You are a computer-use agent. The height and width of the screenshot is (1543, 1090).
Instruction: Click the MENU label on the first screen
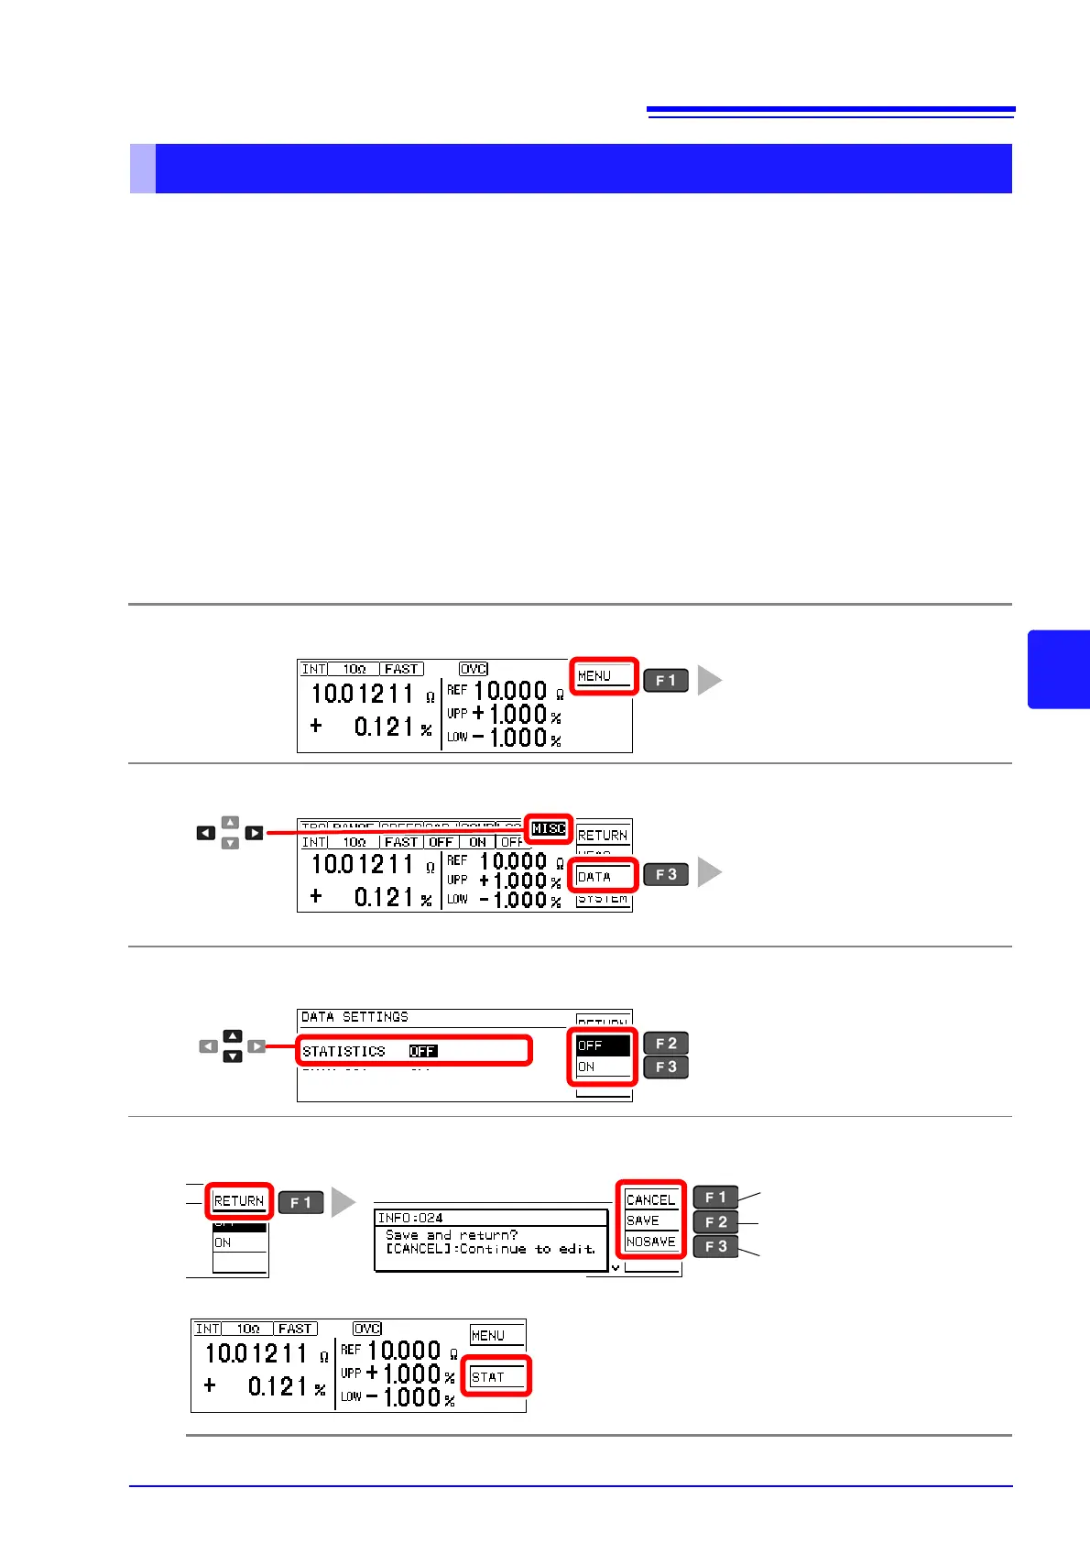(x=594, y=676)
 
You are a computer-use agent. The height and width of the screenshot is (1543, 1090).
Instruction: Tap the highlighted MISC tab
(x=549, y=828)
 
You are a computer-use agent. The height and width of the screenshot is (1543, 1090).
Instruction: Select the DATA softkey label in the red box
(x=594, y=877)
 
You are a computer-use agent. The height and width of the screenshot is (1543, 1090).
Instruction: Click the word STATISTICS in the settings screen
(x=343, y=1051)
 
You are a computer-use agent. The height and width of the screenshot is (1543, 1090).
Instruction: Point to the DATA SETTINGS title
(x=354, y=1017)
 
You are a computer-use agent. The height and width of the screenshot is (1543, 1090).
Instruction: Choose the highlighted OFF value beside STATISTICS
(x=422, y=1051)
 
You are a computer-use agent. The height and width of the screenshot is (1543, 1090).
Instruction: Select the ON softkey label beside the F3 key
(x=587, y=1067)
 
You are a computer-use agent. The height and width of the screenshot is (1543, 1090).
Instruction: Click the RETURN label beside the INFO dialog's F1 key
(x=238, y=1201)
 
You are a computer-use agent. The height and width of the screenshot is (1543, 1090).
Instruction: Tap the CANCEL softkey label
(x=650, y=1199)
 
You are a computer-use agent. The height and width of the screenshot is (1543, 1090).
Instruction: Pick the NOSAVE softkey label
(x=650, y=1242)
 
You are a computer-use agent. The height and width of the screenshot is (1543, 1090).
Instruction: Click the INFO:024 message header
(x=410, y=1218)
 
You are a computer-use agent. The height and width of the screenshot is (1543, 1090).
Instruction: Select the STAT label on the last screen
(x=487, y=1377)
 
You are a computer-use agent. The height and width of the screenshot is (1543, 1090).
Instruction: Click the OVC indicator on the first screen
(x=474, y=669)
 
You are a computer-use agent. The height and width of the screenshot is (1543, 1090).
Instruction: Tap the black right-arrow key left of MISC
(x=254, y=833)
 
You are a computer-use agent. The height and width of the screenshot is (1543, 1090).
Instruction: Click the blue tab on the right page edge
(x=1059, y=669)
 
